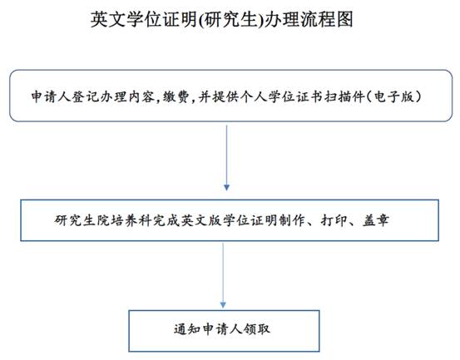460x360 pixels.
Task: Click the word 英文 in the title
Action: pos(108,19)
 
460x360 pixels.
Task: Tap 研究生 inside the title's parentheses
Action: pos(230,19)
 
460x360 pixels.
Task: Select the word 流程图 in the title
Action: pos(326,19)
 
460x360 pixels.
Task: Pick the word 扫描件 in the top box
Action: pos(344,96)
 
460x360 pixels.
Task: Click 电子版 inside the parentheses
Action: pos(393,96)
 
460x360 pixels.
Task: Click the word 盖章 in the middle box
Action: pos(376,220)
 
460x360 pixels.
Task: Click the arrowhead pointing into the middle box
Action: pos(226,187)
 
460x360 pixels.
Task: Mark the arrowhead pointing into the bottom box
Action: pos(223,304)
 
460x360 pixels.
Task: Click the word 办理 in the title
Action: pos(282,19)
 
